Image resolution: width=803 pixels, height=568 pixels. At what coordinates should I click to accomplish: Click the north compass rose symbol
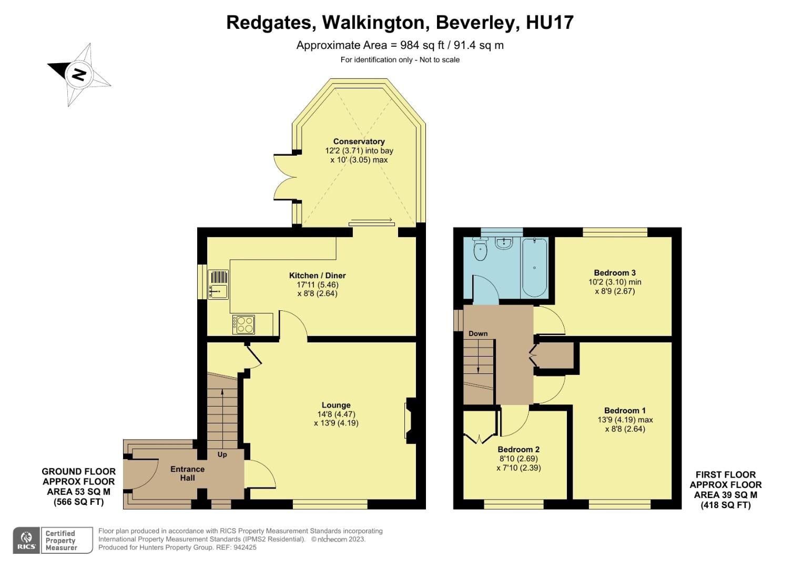point(79,74)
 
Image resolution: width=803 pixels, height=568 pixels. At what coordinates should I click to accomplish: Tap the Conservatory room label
point(359,141)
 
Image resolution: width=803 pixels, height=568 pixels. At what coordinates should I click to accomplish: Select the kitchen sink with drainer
point(218,284)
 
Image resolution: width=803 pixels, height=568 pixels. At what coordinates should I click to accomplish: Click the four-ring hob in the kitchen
point(243,324)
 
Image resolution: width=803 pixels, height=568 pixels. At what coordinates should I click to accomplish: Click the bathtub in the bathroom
point(534,267)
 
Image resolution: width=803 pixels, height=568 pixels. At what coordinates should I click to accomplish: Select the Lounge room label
point(336,405)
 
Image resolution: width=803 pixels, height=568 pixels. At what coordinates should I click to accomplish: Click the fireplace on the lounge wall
point(409,420)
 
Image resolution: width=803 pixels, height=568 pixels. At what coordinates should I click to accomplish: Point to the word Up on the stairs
point(222,454)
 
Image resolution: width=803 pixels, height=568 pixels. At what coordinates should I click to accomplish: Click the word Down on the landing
point(478,333)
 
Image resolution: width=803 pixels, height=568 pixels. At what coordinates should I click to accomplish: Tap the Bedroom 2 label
point(519,450)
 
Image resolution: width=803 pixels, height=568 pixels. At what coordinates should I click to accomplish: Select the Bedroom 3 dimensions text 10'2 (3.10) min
point(615,282)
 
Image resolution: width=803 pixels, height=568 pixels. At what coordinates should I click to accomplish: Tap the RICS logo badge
point(26,540)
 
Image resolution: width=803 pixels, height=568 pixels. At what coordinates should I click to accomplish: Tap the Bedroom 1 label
point(625,411)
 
